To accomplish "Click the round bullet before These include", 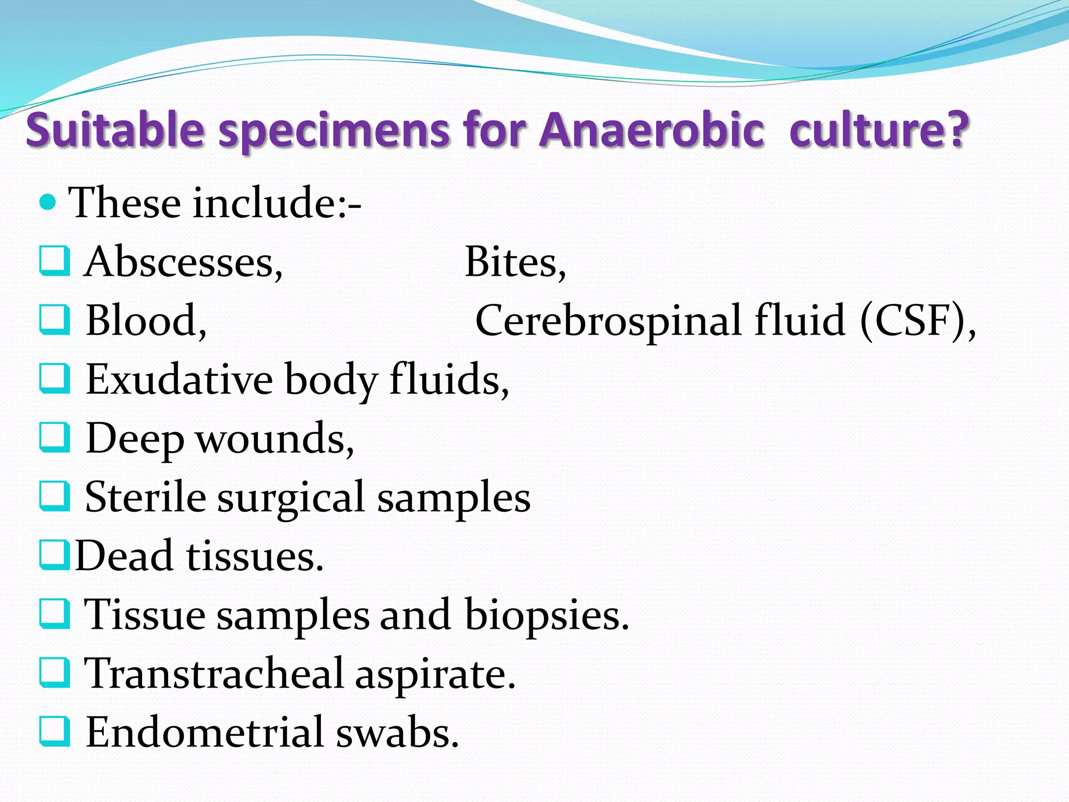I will pos(47,202).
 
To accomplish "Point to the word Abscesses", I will pos(183,262).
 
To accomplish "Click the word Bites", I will pos(515,262).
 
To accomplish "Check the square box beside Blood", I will pos(54,320).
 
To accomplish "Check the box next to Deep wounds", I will pos(54,437).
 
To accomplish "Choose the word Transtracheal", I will pos(214,673).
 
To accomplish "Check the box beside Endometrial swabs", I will pos(54,731).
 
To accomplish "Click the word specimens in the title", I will pos(334,131).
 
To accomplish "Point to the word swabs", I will pos(397,732).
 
